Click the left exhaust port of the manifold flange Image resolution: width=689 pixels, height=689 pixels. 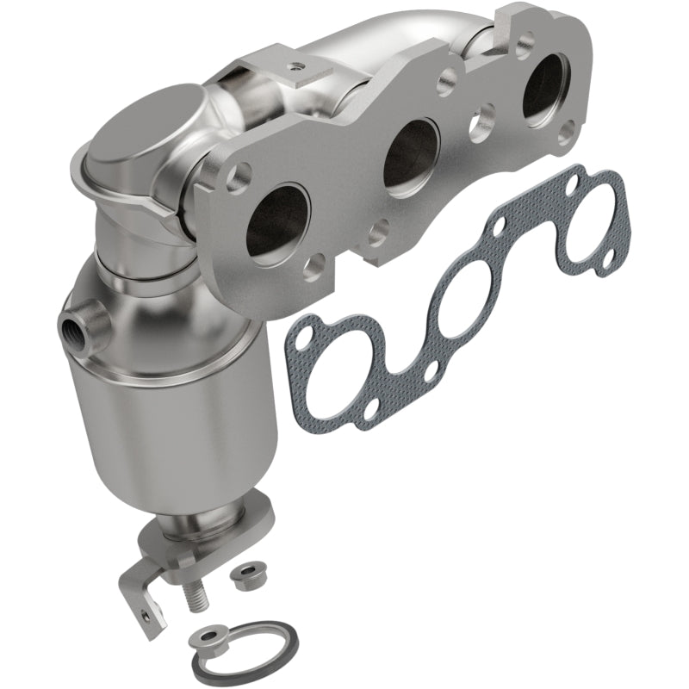point(277,222)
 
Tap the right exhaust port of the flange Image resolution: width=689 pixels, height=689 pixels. point(543,89)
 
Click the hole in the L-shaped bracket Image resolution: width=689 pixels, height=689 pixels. point(143,614)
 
